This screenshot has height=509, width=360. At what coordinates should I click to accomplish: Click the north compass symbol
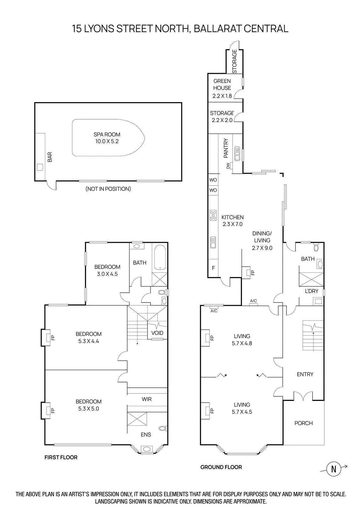tap(334, 469)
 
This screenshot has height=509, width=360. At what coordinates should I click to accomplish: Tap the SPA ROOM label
tap(107, 135)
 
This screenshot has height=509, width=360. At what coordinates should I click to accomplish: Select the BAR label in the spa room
tap(50, 157)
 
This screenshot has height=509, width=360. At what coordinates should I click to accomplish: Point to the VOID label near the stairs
tap(157, 333)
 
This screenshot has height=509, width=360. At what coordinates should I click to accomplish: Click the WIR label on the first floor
tap(147, 399)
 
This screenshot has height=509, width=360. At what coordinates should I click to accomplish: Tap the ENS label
tap(146, 435)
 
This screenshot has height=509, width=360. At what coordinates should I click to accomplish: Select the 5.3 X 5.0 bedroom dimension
tap(88, 408)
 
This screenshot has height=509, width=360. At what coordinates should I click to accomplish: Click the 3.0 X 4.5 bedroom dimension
tap(107, 274)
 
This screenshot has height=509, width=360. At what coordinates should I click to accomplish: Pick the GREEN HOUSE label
tap(222, 84)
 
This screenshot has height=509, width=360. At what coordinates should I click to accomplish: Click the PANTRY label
tap(226, 148)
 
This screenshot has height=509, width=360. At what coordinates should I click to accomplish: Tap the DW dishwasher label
tap(228, 166)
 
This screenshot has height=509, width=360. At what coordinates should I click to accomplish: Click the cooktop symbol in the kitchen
tap(213, 215)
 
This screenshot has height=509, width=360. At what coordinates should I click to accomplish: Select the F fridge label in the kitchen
tap(213, 268)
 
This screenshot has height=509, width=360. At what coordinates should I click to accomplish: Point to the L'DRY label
tap(311, 291)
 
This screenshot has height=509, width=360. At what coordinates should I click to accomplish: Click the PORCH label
tap(303, 423)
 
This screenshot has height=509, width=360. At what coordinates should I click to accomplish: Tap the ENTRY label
tap(305, 374)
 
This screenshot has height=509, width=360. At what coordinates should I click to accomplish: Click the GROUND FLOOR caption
tap(221, 467)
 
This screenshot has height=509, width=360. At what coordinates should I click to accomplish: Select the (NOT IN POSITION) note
tap(108, 189)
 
